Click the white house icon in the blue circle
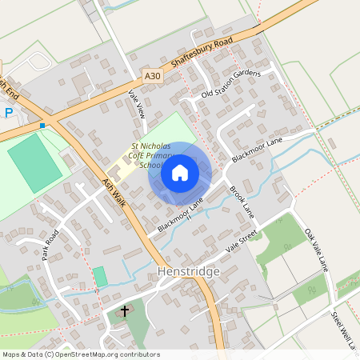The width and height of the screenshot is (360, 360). pos(180,173)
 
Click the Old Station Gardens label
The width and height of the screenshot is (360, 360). pos(231,85)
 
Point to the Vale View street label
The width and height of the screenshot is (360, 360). pos(135,105)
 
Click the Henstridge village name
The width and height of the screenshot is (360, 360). pos(189,272)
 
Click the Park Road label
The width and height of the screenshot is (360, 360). pos(51,245)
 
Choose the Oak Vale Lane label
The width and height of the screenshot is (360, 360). pos(316,250)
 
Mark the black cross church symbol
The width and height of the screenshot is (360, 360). pos(125,310)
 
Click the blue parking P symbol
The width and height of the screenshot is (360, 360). pos(9,113)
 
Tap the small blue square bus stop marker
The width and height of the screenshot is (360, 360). pos(42,125)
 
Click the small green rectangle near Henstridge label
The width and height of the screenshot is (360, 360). pos(100,277)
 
